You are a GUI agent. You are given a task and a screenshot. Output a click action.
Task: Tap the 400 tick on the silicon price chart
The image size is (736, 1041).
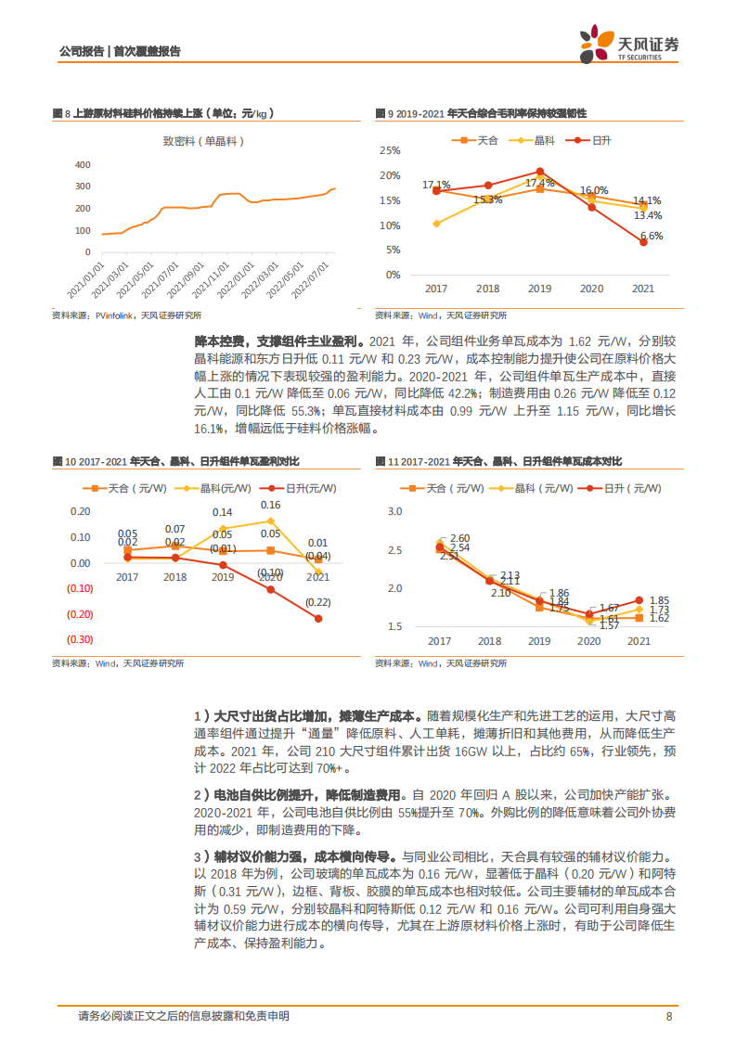[83, 164]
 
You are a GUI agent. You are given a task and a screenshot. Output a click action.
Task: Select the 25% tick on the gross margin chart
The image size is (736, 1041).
[391, 150]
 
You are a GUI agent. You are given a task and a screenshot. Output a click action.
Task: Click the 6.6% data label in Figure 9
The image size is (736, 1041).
[652, 236]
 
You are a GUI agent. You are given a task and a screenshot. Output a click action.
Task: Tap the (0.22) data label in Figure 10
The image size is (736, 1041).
[318, 601]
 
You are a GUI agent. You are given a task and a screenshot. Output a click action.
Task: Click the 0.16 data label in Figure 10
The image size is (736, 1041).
[270, 505]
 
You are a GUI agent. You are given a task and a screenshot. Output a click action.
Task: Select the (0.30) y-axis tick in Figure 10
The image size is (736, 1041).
[79, 639]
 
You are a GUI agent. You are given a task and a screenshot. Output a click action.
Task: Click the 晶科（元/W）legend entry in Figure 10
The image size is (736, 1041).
[217, 487]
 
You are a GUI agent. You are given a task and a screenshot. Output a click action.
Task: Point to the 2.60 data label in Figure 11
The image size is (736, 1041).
[458, 538]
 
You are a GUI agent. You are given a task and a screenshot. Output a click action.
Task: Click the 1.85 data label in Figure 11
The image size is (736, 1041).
[660, 600]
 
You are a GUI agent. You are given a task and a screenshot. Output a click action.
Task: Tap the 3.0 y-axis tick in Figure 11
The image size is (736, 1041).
[394, 511]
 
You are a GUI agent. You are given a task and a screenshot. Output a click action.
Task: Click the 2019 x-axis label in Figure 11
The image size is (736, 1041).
[539, 641]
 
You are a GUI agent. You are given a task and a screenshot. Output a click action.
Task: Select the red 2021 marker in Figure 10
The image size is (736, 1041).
[318, 618]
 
